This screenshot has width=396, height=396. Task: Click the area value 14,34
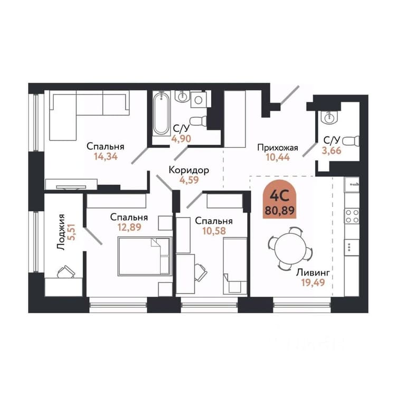point(106,157)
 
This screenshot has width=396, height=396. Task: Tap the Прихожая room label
point(278,147)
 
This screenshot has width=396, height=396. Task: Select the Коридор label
point(188,170)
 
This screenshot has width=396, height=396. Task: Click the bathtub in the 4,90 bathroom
point(162,114)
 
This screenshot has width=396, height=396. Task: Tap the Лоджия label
point(61,232)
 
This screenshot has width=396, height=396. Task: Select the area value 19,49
point(313,282)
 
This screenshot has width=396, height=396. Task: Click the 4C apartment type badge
point(280,199)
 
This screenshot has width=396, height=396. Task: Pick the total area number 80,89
point(280,210)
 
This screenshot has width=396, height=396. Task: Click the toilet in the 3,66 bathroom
point(352,141)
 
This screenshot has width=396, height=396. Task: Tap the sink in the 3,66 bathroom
point(328,117)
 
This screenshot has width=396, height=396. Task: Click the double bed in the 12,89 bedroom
point(145,256)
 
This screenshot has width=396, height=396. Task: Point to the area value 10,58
point(214,231)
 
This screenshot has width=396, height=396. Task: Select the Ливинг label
point(313,273)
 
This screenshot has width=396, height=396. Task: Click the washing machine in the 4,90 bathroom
point(199,100)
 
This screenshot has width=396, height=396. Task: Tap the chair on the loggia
point(66,272)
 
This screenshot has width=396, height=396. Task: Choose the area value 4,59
point(188,180)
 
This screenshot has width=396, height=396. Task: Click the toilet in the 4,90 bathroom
point(198,121)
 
